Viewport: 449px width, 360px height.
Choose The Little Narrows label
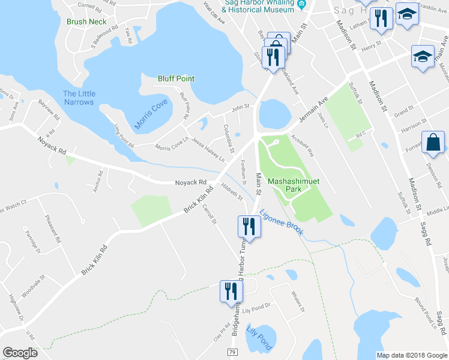point(79,97)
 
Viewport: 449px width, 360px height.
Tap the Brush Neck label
point(86,22)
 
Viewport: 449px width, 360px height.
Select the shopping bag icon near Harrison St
point(433,143)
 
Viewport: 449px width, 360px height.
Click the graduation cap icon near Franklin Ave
point(408,16)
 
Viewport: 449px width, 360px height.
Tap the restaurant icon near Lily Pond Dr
point(231,292)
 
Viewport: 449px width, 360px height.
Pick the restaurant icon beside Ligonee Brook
point(249,226)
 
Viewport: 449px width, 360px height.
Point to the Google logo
point(20,353)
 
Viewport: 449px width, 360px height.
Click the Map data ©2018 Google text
point(410,355)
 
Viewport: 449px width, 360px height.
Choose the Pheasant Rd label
point(53,230)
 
